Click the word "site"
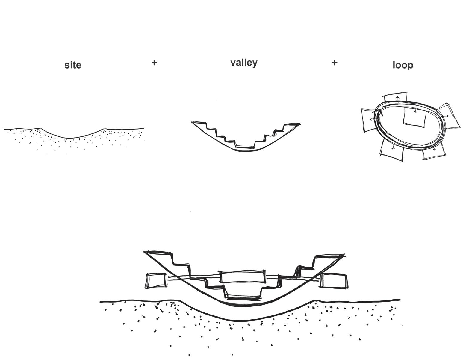[73, 65]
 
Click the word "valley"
[244, 63]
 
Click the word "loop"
[403, 65]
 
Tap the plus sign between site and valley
[154, 63]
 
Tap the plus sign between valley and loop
[335, 63]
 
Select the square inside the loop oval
[414, 117]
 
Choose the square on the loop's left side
[368, 120]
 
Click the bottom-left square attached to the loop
[392, 151]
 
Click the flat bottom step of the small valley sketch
[245, 146]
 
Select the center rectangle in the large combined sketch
[243, 277]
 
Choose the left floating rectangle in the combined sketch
[156, 281]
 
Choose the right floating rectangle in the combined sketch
[334, 280]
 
